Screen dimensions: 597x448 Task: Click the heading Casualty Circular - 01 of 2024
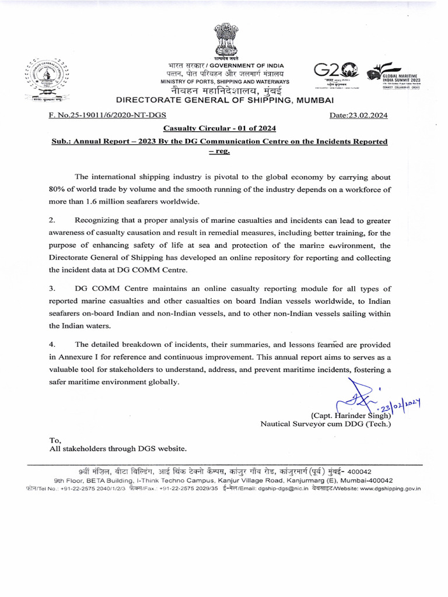tap(219, 128)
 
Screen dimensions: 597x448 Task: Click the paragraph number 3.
tap(52, 289)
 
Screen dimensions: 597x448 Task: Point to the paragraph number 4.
tap(52, 344)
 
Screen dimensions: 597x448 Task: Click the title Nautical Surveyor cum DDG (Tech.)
tap(325, 424)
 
